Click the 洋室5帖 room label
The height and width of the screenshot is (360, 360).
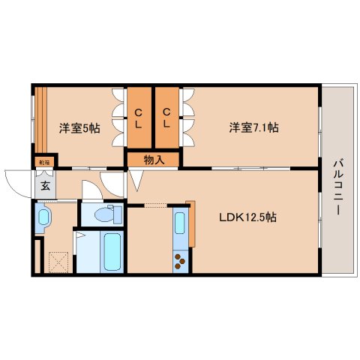tap(79, 127)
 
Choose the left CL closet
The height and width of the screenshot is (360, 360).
tap(139, 118)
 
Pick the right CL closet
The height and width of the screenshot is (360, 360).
tap(168, 118)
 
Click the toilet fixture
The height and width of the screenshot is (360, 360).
tap(106, 214)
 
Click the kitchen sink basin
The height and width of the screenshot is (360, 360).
tap(180, 224)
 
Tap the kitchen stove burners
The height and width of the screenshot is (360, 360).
tap(181, 261)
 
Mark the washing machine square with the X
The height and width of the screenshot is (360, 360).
tap(57, 262)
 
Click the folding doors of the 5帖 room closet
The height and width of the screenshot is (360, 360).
tap(118, 118)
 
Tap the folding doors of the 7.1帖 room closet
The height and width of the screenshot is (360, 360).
tap(187, 118)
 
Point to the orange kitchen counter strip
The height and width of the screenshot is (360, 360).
tap(191, 223)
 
